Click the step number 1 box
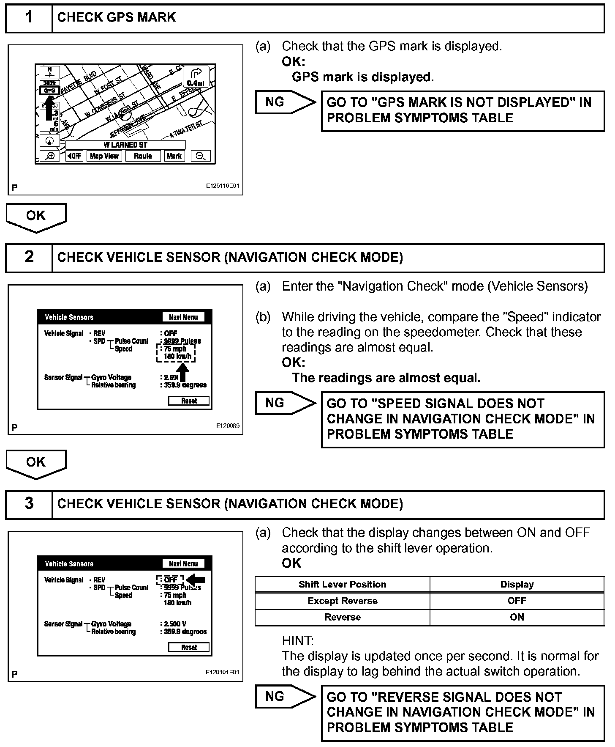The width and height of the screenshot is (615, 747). pos(29,18)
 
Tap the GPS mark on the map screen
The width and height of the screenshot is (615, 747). pos(49,90)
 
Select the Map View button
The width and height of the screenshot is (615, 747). pos(104,156)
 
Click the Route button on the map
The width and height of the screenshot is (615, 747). pos(143,156)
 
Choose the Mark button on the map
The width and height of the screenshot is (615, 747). pos(174,156)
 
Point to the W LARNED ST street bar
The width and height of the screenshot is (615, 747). pos(125,145)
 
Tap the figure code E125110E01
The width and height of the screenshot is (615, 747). pos(223,186)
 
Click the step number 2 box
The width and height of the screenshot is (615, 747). pos(29,258)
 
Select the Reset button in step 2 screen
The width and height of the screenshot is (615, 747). pos(189,401)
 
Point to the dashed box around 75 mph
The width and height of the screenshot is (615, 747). pos(176,353)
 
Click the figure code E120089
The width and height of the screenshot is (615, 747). pos(228,426)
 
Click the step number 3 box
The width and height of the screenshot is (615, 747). pos(29,504)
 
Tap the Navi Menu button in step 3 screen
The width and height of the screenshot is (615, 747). pos(183,563)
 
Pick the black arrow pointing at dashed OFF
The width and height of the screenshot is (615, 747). pos(196,579)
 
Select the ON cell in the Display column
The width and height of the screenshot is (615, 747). pos(517,617)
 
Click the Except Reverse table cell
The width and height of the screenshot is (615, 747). pos(342,601)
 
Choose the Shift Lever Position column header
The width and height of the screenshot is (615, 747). pos(342,585)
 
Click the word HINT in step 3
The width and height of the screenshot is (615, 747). pos(297,640)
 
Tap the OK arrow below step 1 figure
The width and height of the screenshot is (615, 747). pos(36,217)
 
